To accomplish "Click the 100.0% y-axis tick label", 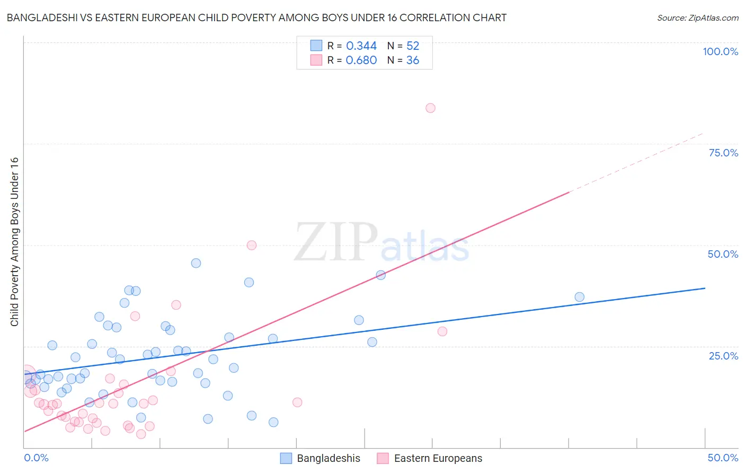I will pyautogui.click(x=720, y=51).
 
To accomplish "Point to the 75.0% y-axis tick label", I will pyautogui.click(x=723, y=153).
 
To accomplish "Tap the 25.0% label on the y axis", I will pyautogui.click(x=723, y=356).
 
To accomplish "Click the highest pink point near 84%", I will pyautogui.click(x=430, y=108).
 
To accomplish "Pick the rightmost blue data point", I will pyautogui.click(x=579, y=297).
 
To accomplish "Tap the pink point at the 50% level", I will pyautogui.click(x=252, y=245).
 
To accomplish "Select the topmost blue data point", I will pyautogui.click(x=196, y=263).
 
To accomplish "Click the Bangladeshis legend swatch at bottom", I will pyautogui.click(x=286, y=458).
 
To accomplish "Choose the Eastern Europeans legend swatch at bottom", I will pyautogui.click(x=383, y=458).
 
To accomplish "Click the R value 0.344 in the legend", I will pyautogui.click(x=361, y=46).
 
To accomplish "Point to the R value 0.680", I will pyautogui.click(x=361, y=60).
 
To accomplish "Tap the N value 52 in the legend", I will pyautogui.click(x=413, y=46).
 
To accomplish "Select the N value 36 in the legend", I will pyautogui.click(x=413, y=60).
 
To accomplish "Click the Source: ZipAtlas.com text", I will pyautogui.click(x=697, y=18).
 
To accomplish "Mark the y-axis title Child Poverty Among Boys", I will pyautogui.click(x=14, y=242).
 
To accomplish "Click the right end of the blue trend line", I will pyautogui.click(x=705, y=288).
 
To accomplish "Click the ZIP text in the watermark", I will pyautogui.click(x=336, y=242).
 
